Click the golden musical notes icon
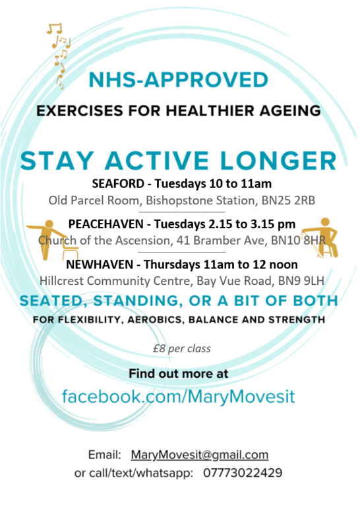(x=59, y=55)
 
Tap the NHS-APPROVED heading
(x=179, y=80)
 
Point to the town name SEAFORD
(x=118, y=184)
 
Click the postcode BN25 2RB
(x=288, y=200)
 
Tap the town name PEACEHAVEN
(x=106, y=224)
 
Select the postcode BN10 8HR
(x=299, y=241)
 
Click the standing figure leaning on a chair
(x=52, y=239)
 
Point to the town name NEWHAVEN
(x=100, y=264)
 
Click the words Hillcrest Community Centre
(x=116, y=281)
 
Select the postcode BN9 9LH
(x=301, y=281)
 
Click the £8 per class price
(x=182, y=349)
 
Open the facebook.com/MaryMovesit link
(x=178, y=397)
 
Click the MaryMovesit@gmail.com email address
(x=200, y=455)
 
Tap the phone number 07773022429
(x=243, y=473)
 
